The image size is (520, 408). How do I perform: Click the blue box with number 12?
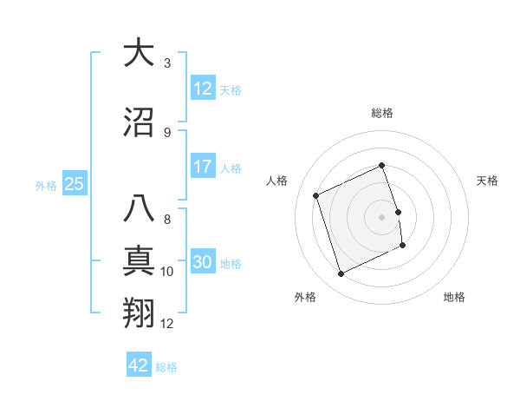tap(202, 89)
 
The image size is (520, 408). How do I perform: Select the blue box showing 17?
tap(202, 167)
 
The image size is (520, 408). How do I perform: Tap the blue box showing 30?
tap(202, 262)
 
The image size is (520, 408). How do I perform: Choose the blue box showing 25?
tap(74, 184)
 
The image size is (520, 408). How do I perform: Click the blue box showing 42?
tap(139, 365)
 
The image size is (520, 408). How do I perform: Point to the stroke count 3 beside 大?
tap(167, 63)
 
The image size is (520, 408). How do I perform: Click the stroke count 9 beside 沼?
tap(167, 133)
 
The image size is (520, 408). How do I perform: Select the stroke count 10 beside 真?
tap(167, 272)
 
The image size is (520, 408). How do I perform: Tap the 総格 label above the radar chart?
tap(382, 114)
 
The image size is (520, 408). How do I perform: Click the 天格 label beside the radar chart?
tap(488, 181)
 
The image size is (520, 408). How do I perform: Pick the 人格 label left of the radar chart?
tap(276, 181)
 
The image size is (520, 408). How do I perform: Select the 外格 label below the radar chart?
tap(305, 297)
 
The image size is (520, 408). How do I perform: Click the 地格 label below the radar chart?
tap(454, 297)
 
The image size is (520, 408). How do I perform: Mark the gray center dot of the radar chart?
tap(382, 216)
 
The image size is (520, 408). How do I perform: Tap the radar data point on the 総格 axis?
tap(382, 166)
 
